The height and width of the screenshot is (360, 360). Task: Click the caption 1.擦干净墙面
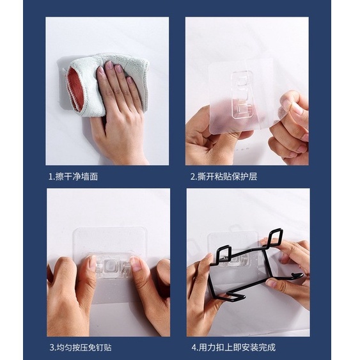coord(73,176)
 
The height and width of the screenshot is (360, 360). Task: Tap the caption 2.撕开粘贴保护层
coord(224,176)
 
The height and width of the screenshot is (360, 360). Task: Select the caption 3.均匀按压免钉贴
coord(81,347)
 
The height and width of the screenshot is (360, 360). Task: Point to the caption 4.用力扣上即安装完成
coord(233,347)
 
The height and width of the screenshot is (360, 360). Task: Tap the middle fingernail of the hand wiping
coord(118,68)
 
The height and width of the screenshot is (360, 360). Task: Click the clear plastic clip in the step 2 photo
coord(242,95)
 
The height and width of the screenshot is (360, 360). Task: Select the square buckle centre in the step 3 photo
coord(111,267)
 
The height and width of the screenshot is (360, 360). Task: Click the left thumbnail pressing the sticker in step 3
coord(92,263)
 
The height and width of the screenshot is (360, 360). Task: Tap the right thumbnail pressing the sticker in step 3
coord(136,263)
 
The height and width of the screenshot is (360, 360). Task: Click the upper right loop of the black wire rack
coord(274,237)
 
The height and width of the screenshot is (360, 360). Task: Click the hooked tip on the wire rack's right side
coord(298,276)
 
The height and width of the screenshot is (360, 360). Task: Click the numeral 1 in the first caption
coord(51,177)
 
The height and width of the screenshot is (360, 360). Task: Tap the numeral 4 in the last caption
coord(194,348)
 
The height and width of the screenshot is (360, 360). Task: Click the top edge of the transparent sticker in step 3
coord(110,228)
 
